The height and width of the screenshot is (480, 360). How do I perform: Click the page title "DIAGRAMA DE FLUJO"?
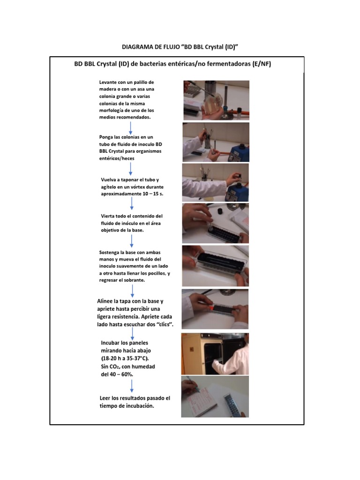pyautogui.click(x=150, y=47)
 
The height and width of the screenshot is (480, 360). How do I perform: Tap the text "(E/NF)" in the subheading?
pyautogui.click(x=262, y=64)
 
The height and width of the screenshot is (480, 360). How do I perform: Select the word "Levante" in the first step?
pyautogui.click(x=108, y=82)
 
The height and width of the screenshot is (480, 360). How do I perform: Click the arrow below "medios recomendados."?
pyautogui.click(x=131, y=128)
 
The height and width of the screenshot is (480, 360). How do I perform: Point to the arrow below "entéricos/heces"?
pyautogui.click(x=131, y=169)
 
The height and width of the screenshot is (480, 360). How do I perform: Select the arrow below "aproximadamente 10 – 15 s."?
pyautogui.click(x=132, y=203)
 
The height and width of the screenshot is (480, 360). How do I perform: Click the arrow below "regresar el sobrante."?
pyautogui.click(x=132, y=291)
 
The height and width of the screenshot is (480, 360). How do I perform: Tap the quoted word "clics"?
pyautogui.click(x=164, y=324)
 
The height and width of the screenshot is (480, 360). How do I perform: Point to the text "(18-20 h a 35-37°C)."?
pyautogui.click(x=125, y=359)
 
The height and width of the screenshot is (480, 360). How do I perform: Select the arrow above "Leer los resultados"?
pyautogui.click(x=132, y=386)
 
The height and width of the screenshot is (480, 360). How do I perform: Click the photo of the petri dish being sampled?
pyautogui.click(x=217, y=100)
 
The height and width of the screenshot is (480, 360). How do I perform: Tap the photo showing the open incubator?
pyautogui.click(x=215, y=354)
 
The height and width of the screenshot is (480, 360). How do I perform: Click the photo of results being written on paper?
pyautogui.click(x=215, y=397)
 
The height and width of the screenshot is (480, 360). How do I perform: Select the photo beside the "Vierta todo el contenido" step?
pyautogui.click(x=216, y=223)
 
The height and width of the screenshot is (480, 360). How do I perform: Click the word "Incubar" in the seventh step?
pyautogui.click(x=110, y=343)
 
